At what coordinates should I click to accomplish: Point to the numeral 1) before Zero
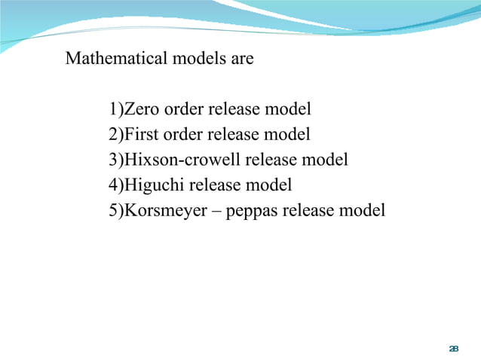[115, 110]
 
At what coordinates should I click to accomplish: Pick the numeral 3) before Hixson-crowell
[115, 160]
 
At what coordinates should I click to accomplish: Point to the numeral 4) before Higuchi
[115, 185]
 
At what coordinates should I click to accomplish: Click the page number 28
[453, 348]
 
